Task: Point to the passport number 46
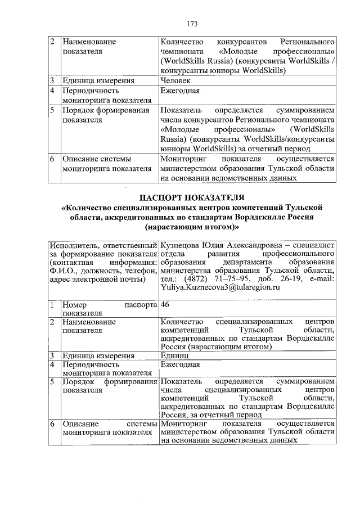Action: pos(165,304)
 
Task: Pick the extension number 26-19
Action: pos(288,279)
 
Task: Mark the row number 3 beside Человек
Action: pos(52,80)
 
